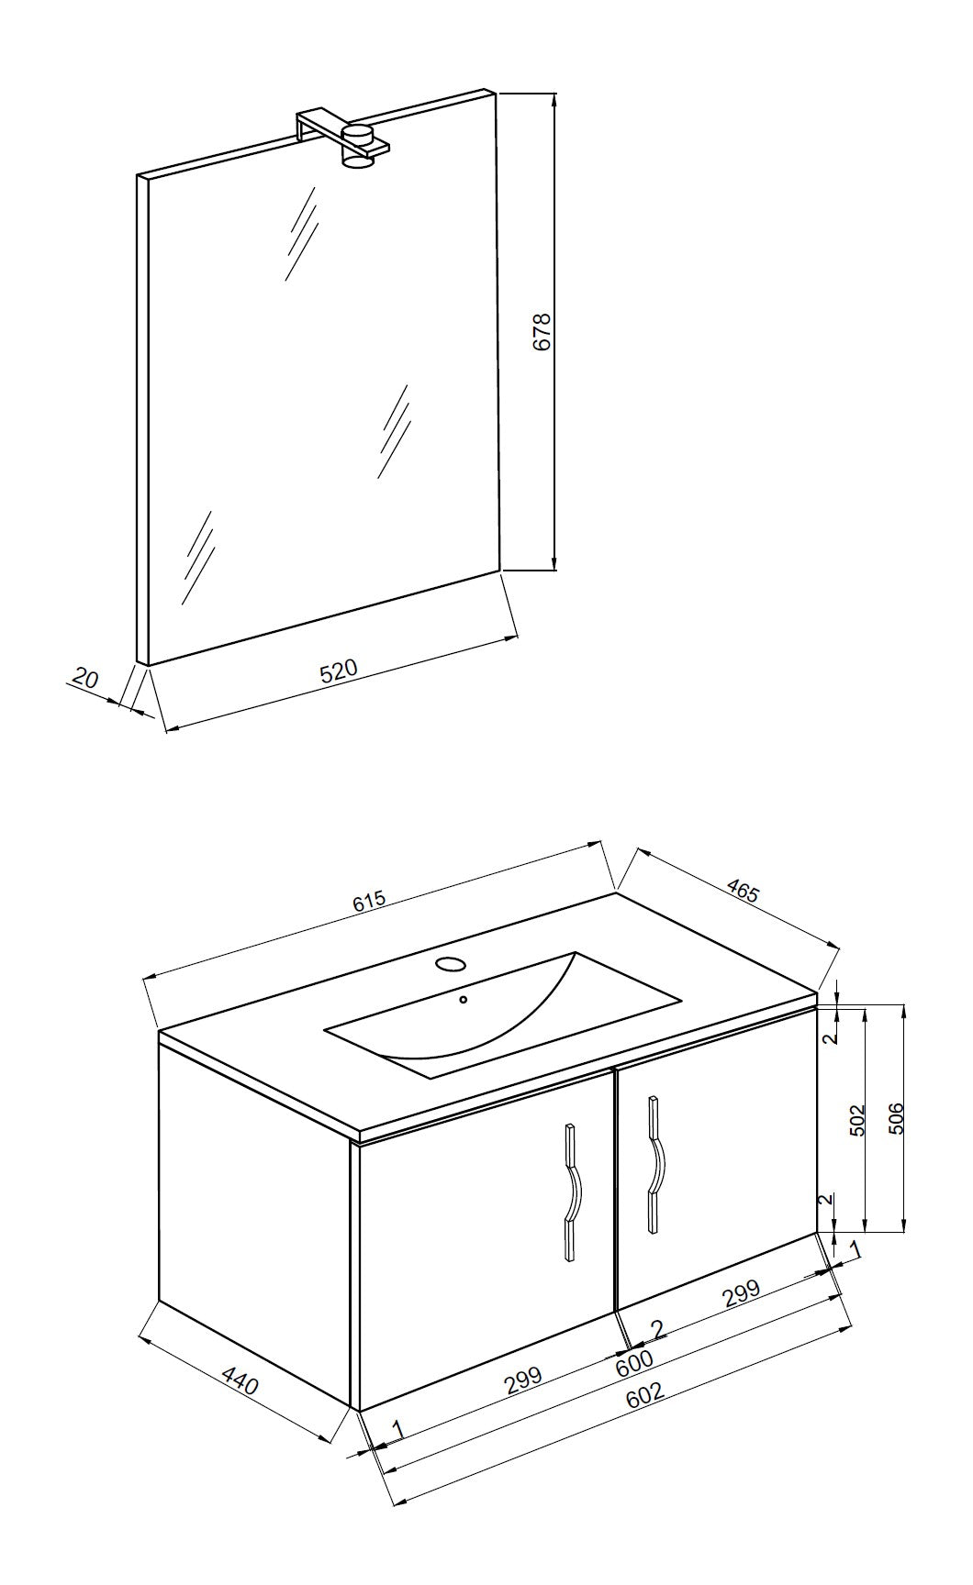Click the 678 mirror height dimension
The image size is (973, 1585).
pos(542,331)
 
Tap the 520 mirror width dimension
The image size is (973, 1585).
pos(338,671)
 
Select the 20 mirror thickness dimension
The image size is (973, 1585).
pos(84,680)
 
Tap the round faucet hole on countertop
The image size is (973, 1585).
pos(450,964)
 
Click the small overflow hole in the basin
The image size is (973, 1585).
pos(464,999)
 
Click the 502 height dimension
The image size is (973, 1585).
pos(856,1121)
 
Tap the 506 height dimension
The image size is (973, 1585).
pos(897,1118)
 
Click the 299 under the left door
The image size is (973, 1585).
pos(524,1380)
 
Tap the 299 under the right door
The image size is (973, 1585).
pos(741,1293)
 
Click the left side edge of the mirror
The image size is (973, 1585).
pos(142,418)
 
